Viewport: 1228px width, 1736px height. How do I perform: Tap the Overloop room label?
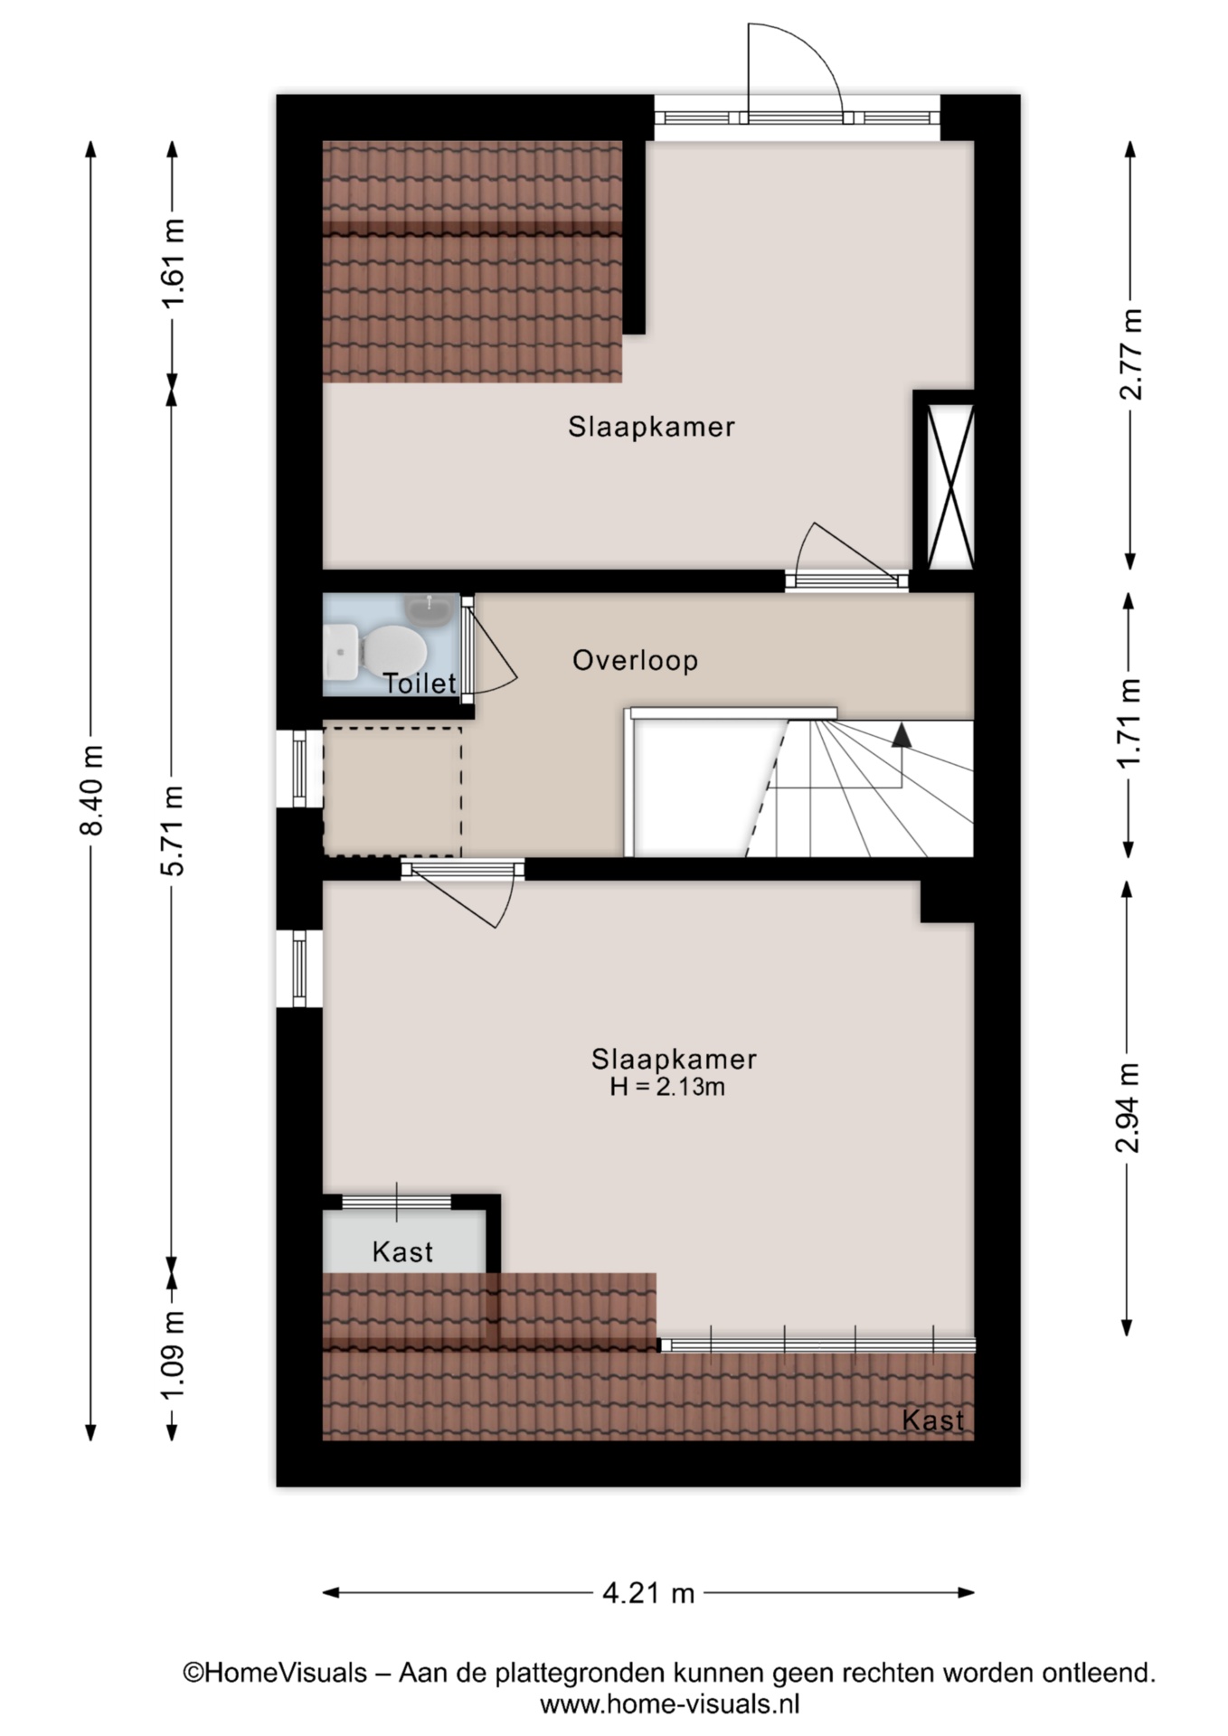tap(636, 661)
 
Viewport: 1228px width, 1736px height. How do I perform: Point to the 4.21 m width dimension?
tap(648, 1592)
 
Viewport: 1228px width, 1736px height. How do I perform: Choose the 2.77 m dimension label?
tap(1129, 354)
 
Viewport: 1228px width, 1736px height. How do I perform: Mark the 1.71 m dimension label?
tap(1129, 723)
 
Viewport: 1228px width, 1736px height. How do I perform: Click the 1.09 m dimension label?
tap(173, 1355)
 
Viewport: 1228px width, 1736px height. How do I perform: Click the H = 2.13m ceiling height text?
tap(667, 1087)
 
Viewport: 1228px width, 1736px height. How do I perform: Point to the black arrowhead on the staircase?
tap(901, 735)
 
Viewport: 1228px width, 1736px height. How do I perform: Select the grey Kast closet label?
tap(402, 1252)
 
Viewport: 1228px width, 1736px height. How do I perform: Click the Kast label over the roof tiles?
tap(933, 1420)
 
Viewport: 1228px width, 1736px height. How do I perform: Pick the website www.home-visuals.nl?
tap(670, 1705)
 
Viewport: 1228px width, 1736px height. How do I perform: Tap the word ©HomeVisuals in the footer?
tap(276, 1674)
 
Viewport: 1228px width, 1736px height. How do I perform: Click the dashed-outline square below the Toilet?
tap(392, 789)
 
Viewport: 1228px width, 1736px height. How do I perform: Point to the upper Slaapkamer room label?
tap(651, 427)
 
